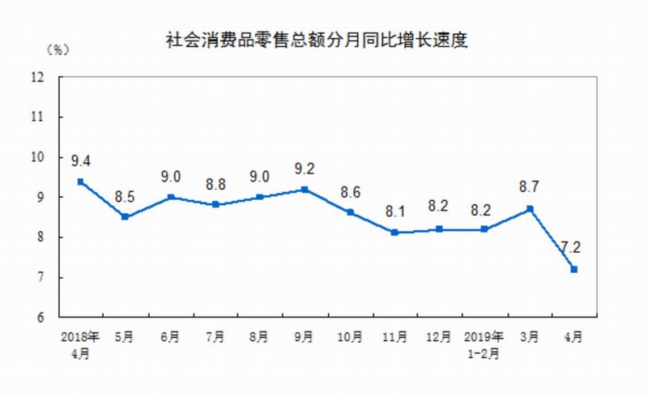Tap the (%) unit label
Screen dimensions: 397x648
tap(58, 50)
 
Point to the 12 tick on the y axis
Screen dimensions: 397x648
tap(36, 77)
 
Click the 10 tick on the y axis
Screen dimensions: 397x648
tap(36, 157)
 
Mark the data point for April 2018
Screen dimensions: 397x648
tap(80, 181)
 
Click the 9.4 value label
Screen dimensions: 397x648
tap(80, 160)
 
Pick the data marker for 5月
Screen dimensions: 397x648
tap(125, 217)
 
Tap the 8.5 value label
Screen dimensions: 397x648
tap(125, 196)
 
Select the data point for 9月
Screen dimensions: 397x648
tap(305, 190)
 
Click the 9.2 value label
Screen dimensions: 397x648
tap(305, 169)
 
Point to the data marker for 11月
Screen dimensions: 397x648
tap(394, 233)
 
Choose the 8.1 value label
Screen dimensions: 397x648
tap(394, 211)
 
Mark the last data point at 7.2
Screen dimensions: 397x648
tap(573, 269)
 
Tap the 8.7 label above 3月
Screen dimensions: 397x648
tap(529, 187)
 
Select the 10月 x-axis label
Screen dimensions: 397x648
tap(349, 336)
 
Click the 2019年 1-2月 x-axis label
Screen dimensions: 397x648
tap(484, 343)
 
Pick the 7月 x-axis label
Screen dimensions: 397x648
tap(215, 336)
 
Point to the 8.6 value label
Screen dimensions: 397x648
tap(349, 192)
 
